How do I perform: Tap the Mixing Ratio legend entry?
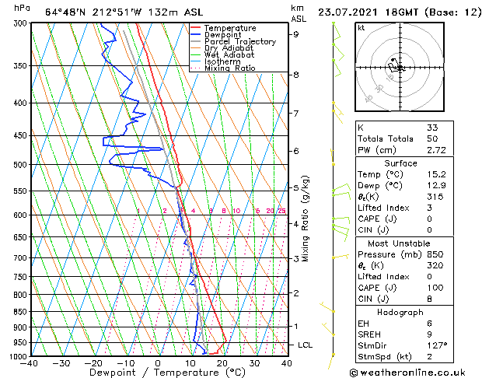[x=230, y=68]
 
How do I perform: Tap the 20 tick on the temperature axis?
[x=222, y=363]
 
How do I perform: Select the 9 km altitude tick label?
[x=295, y=34]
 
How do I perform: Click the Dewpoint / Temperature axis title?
[x=157, y=373]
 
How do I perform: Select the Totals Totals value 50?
[x=432, y=138]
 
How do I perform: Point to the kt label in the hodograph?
[x=361, y=27]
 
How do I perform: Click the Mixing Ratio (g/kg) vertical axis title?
[x=306, y=218]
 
